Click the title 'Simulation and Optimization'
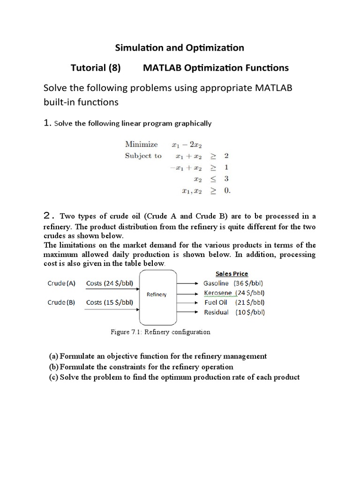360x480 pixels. pyautogui.click(x=180, y=47)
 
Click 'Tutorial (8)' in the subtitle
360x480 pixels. pyautogui.click(x=96, y=68)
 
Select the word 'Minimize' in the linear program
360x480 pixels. pyautogui.click(x=142, y=144)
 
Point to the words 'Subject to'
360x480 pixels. pyautogui.click(x=143, y=156)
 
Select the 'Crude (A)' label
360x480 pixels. pyautogui.click(x=62, y=283)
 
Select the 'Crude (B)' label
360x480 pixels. pyautogui.click(x=62, y=302)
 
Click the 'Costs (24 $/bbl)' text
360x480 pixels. pyautogui.click(x=110, y=283)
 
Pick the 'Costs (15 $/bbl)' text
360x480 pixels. pyautogui.click(x=110, y=302)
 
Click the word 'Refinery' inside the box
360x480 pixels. pyautogui.click(x=157, y=294)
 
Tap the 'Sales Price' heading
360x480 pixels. pyautogui.click(x=232, y=274)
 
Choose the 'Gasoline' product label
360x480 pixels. pyautogui.click(x=216, y=283)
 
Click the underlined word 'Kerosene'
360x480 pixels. pyautogui.click(x=217, y=293)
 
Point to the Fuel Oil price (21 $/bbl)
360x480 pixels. pyautogui.click(x=250, y=302)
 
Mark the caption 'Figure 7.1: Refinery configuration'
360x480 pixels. pyautogui.click(x=160, y=332)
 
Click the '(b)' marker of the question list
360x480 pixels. pyautogui.click(x=54, y=367)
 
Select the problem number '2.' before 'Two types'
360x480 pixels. pyautogui.click(x=49, y=216)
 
